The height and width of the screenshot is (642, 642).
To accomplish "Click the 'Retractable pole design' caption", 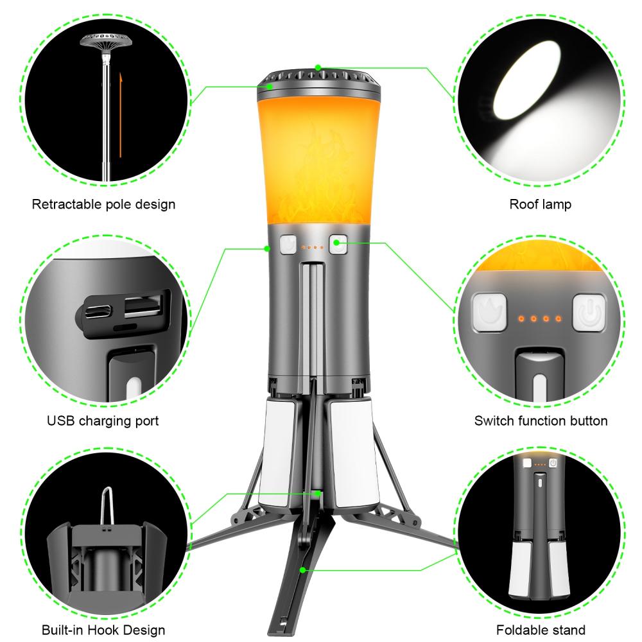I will click(103, 205).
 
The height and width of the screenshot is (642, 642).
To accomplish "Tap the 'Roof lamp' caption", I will click(540, 205).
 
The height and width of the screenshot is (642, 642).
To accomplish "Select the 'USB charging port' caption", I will click(103, 421).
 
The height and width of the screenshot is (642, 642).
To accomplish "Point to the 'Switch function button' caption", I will click(541, 421).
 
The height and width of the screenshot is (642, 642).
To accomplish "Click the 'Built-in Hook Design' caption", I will click(103, 630).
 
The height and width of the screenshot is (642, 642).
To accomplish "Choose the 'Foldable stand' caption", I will click(541, 630).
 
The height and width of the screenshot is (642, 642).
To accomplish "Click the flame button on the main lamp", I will click(288, 245).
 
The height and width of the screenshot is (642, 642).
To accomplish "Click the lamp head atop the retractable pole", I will click(103, 45).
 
